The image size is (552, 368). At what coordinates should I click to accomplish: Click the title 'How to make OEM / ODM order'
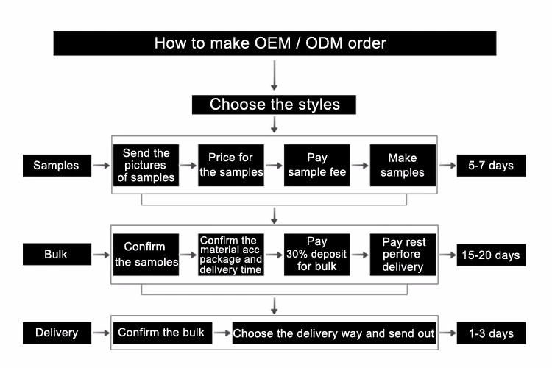point(275,43)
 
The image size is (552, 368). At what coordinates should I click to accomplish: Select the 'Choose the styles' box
point(275,104)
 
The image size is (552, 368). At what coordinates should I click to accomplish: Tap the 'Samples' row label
point(56,166)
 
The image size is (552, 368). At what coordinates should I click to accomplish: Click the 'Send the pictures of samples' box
point(146,166)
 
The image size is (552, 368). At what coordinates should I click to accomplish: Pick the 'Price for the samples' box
point(231,166)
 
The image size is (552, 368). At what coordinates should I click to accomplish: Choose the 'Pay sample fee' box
point(316,166)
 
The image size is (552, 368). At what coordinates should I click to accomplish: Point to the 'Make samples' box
point(402,166)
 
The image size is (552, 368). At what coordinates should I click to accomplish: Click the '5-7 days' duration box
point(491,166)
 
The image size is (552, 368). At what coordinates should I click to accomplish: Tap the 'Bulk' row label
point(56,255)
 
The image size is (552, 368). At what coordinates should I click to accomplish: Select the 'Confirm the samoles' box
point(146,255)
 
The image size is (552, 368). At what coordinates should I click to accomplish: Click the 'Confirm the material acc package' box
point(231,255)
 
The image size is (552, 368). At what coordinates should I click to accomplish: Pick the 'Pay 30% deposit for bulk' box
point(316,255)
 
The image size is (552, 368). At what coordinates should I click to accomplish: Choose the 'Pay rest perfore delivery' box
point(402,255)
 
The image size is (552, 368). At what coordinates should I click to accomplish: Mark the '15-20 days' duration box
point(491,255)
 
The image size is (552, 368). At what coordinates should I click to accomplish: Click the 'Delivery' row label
point(56,333)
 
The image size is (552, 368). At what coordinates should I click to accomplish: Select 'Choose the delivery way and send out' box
point(333,333)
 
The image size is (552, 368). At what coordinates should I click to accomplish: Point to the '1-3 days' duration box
point(491,333)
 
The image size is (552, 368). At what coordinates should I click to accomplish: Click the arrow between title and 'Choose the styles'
point(275,74)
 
